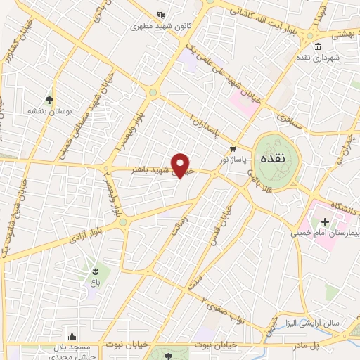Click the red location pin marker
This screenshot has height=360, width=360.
tap(182, 166)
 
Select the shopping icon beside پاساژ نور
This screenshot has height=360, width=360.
tap(233, 148)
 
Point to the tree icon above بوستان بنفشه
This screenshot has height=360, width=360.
tap(49, 101)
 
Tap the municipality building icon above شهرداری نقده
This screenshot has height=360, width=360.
tap(318, 46)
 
